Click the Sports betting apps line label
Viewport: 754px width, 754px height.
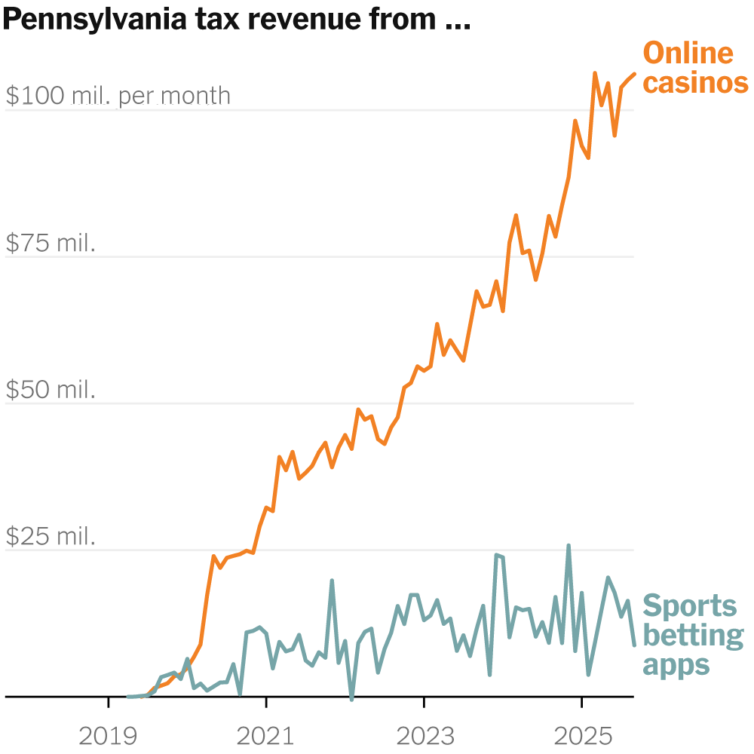pyautogui.click(x=691, y=635)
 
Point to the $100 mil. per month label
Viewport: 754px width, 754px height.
pyautogui.click(x=118, y=96)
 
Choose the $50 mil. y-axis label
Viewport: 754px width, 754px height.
pyautogui.click(x=51, y=390)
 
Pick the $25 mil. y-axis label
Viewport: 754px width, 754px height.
pyautogui.click(x=51, y=536)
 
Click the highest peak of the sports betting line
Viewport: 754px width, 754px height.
pyautogui.click(x=568, y=546)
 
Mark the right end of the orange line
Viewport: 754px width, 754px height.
pyautogui.click(x=634, y=73)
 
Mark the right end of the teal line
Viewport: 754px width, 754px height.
pyautogui.click(x=634, y=645)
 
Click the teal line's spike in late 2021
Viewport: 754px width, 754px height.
pyautogui.click(x=332, y=581)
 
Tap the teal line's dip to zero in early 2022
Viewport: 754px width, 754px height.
pyautogui.click(x=351, y=699)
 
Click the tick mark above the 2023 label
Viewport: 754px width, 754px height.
pyautogui.click(x=424, y=703)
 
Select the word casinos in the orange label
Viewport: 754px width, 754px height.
pyautogui.click(x=695, y=83)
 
